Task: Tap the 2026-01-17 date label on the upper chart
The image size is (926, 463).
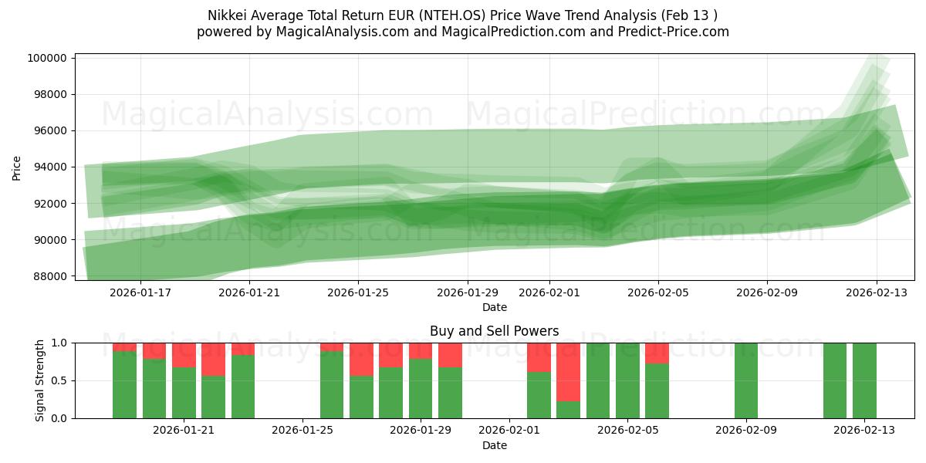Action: point(140,292)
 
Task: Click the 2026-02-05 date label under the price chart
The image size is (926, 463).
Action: point(658,292)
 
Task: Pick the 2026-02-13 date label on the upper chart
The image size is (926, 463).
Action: point(876,292)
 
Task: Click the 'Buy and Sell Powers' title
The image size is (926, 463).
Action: point(494,332)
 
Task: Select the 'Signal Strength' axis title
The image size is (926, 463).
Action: point(40,380)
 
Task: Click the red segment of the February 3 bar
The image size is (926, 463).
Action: point(568,371)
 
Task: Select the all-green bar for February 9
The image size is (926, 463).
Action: point(746,380)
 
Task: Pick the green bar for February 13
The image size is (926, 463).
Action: point(864,380)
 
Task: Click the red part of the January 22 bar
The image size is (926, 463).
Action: point(213,359)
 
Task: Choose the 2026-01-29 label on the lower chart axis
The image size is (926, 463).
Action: point(421,431)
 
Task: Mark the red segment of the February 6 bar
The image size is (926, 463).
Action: point(657,353)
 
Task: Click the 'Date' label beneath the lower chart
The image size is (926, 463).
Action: point(494,445)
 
